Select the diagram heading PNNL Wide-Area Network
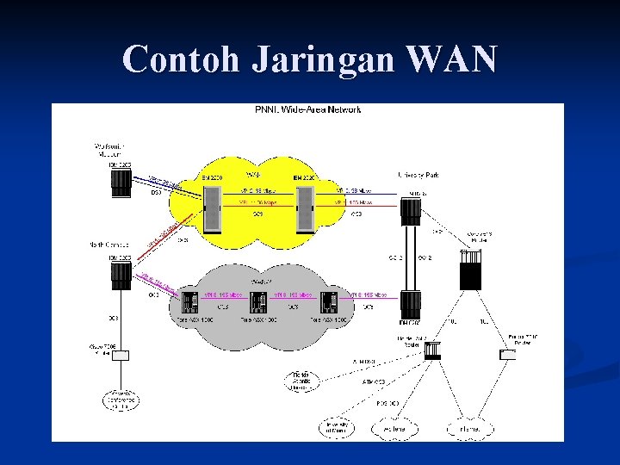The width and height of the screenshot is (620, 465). coord(307,109)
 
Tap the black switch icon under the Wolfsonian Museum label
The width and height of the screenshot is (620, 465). coord(120,183)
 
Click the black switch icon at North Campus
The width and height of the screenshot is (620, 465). coord(120,275)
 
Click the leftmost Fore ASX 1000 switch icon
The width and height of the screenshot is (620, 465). coord(190,303)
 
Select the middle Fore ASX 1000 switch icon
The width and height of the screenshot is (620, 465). coord(257,303)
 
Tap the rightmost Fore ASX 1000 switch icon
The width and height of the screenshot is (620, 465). coord(327,303)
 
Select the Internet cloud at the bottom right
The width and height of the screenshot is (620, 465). coord(466,427)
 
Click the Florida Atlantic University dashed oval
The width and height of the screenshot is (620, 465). coord(299,380)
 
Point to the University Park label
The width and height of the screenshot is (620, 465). coord(418,175)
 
